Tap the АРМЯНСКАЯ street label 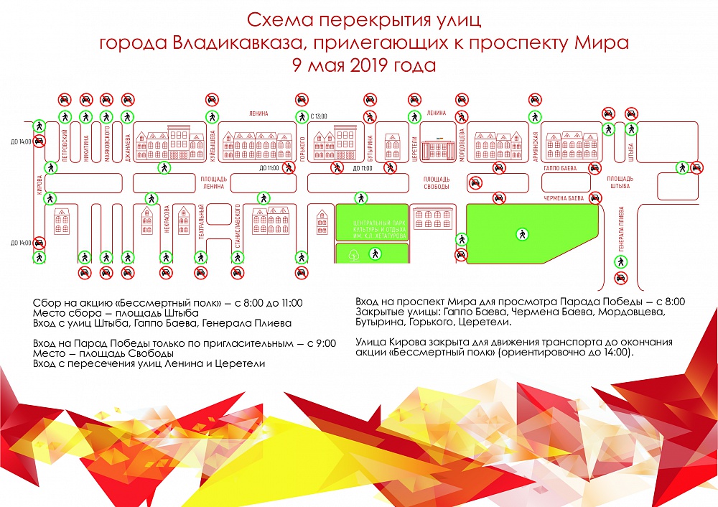click(x=536, y=145)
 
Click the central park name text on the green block click(x=372, y=223)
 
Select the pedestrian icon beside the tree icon click(x=374, y=253)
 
